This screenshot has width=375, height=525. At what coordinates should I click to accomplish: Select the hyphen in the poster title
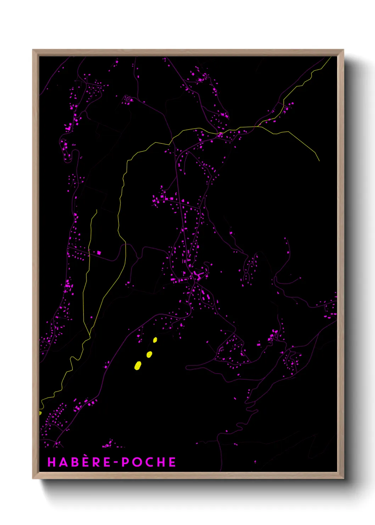[x=116, y=462]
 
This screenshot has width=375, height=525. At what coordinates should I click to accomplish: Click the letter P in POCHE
[x=125, y=462]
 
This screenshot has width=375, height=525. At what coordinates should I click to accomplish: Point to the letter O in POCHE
[x=137, y=462]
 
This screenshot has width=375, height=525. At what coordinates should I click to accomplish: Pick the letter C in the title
[x=149, y=462]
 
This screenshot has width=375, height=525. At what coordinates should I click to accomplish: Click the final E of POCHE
[x=172, y=462]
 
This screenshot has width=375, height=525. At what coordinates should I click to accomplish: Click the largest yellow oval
[x=138, y=365]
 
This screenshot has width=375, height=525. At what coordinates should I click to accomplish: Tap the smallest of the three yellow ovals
[x=155, y=340]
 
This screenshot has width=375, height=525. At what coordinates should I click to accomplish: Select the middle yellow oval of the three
[x=149, y=354]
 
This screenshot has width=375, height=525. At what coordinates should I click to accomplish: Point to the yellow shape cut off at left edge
[x=40, y=413]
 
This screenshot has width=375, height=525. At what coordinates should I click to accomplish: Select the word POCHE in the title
[x=149, y=462]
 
